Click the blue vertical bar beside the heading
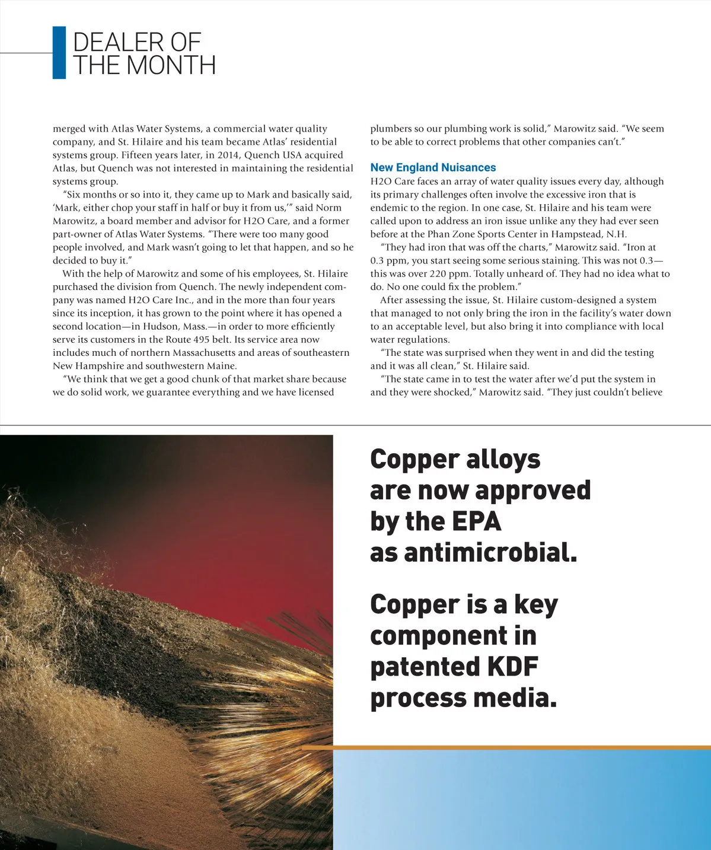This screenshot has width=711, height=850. point(59,53)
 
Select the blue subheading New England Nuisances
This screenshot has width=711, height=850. point(433,168)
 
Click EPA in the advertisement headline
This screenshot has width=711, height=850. point(476,521)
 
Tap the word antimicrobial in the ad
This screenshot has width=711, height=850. point(490,553)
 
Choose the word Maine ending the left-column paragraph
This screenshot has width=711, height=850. point(220,366)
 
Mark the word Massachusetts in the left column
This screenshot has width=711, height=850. point(202,353)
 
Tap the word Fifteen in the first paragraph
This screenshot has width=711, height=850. point(138,155)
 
